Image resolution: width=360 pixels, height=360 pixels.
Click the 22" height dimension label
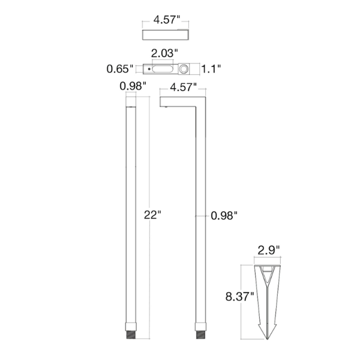click(152, 215)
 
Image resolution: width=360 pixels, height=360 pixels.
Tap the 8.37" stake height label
click(239, 296)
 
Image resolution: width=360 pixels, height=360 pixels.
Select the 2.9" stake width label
click(269, 250)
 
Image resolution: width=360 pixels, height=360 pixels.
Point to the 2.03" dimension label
click(164, 53)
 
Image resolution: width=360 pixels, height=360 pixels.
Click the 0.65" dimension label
click(120, 68)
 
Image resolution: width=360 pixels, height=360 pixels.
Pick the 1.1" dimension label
click(211, 68)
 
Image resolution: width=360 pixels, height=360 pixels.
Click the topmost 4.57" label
click(167, 20)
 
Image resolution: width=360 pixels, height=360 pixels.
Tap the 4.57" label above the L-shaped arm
click(184, 87)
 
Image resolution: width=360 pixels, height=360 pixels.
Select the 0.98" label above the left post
click(133, 86)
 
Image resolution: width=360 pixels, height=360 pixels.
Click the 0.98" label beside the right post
click(224, 215)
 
